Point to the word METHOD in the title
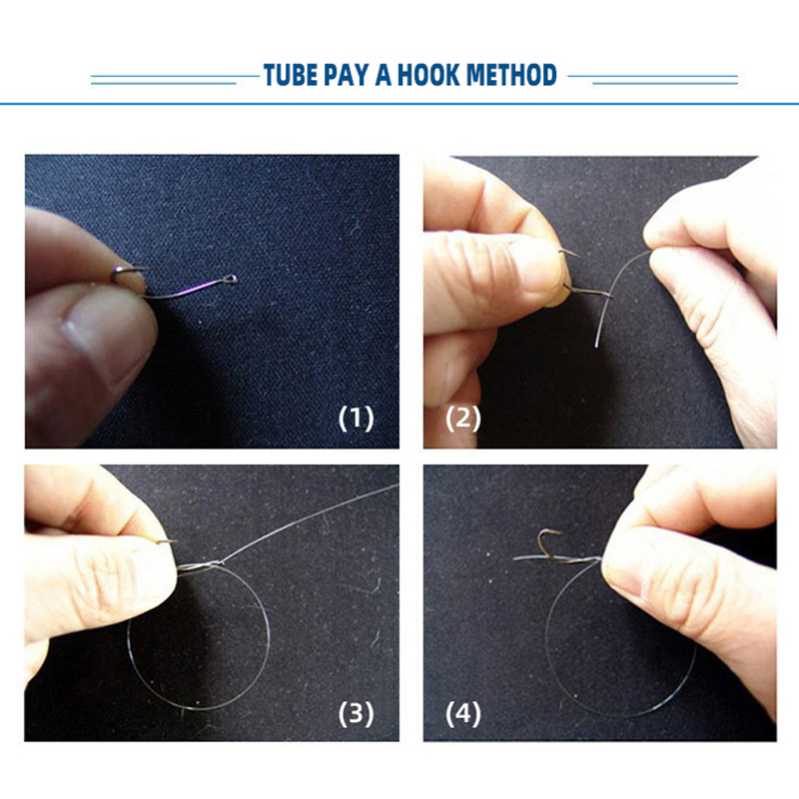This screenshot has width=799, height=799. tap(511, 75)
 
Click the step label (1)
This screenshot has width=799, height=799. tap(357, 418)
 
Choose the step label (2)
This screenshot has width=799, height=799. tap(463, 418)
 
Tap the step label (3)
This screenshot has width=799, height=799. tap(357, 713)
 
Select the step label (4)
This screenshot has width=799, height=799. tap(463, 713)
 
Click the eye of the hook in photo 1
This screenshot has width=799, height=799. tap(231, 279)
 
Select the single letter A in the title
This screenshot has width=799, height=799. tap(384, 75)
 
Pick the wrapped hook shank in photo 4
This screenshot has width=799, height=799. tap(573, 560)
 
